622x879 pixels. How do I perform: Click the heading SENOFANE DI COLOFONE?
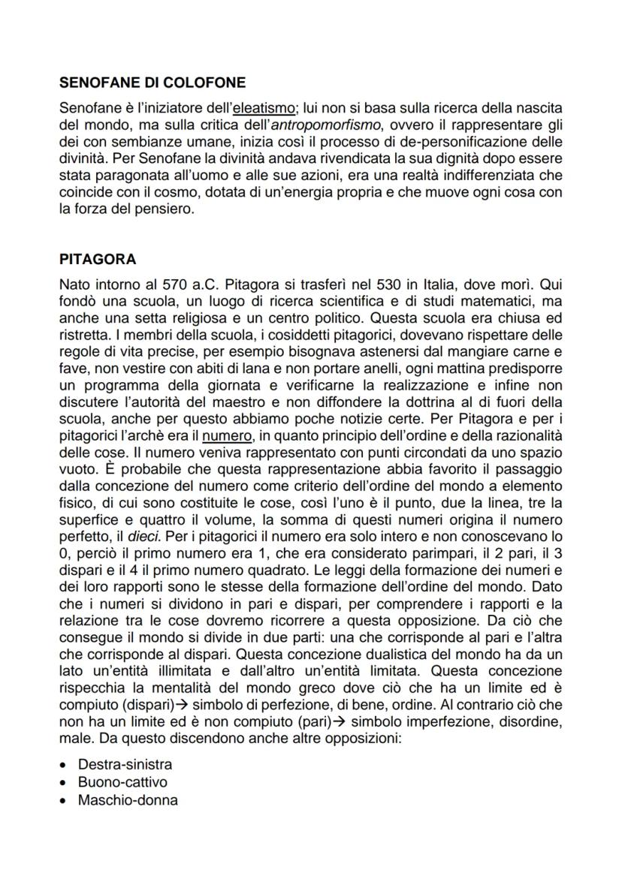pyautogui.click(x=152, y=82)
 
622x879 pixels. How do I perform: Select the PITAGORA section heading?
pyautogui.click(x=98, y=260)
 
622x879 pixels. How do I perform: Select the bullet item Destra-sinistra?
pyautogui.click(x=125, y=765)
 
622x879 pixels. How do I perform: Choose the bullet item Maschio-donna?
pyautogui.click(x=128, y=800)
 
